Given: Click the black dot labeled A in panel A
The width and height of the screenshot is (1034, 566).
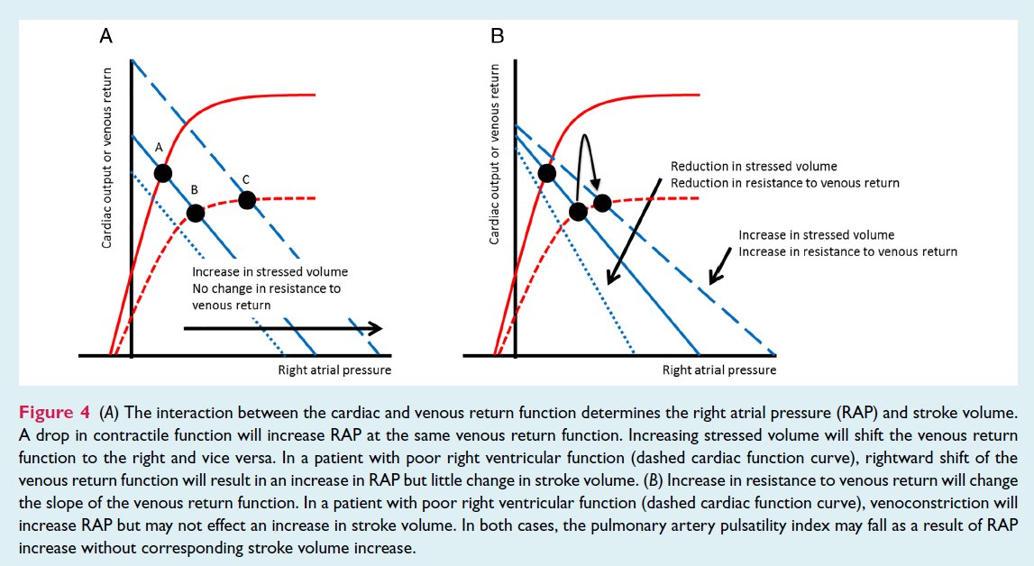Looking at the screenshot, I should point(163,172).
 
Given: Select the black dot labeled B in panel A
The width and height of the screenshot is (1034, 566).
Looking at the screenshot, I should point(195,214).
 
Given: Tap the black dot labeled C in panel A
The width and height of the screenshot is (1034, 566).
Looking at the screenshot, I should point(247,198).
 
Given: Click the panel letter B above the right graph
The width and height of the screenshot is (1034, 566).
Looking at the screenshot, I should point(497,36).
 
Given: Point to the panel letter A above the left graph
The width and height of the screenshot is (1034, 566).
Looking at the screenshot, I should point(105,36).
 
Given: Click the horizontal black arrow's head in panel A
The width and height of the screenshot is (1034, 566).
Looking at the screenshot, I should point(376,329).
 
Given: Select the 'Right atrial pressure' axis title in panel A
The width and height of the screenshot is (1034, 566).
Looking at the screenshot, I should point(335,370).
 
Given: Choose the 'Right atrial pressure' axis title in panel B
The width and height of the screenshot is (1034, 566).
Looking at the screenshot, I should point(718,370).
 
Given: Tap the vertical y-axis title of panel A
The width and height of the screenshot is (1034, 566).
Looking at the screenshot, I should point(107,158).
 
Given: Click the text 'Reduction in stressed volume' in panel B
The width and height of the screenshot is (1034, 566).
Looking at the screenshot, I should point(754,167).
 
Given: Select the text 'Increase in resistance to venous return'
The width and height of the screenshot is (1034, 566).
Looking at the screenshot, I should point(847,251).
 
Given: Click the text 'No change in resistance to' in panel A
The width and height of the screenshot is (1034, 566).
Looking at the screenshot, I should point(267,288).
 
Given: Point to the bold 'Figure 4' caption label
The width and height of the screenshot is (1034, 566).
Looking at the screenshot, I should point(53,413).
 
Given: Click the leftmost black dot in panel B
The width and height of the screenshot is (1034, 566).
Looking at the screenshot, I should point(546,172).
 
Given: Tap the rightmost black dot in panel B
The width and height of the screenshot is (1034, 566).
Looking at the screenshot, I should point(602,203).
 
